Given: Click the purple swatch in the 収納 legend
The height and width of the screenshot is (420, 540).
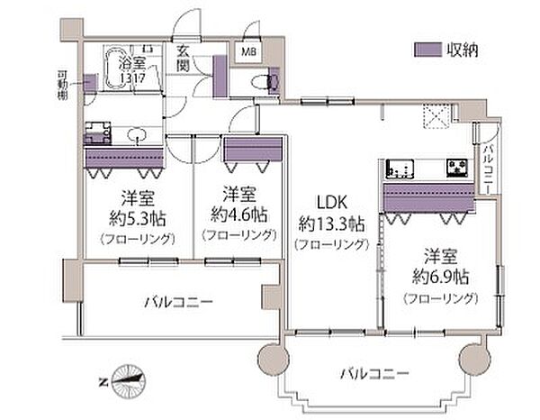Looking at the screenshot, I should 424,50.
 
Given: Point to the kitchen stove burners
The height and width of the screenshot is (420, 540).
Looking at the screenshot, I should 399,168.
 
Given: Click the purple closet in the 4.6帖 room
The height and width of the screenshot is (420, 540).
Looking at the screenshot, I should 254,149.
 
